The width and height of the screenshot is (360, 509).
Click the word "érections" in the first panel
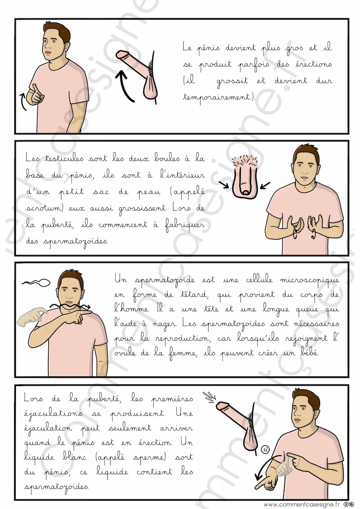coord(313,64)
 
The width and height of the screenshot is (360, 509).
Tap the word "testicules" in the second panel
coord(64,158)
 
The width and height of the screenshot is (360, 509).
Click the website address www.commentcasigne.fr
coord(301,504)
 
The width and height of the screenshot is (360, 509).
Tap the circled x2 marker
coord(265,449)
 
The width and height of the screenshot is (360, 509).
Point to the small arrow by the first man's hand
coord(23,101)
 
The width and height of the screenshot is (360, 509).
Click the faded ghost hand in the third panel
coord(32,316)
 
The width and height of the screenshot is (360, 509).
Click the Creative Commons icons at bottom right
coord(348,504)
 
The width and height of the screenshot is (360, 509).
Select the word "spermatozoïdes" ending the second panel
coord(67,242)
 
